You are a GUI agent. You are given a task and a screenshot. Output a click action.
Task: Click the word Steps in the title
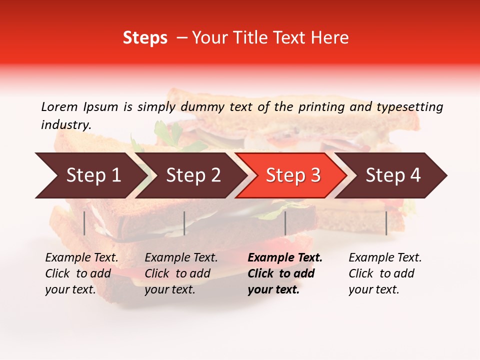pyautogui.click(x=145, y=38)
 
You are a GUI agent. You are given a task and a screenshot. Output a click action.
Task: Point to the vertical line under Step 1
pyautogui.click(x=84, y=223)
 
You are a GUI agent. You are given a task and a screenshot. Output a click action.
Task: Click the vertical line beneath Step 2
pyautogui.click(x=184, y=223)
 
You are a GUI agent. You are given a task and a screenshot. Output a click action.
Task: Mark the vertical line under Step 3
pyautogui.click(x=285, y=223)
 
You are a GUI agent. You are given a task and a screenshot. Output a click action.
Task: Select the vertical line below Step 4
pyautogui.click(x=386, y=223)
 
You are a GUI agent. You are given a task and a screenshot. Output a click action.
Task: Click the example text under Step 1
pyautogui.click(x=81, y=273)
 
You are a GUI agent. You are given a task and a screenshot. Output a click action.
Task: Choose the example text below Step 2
pyautogui.click(x=181, y=273)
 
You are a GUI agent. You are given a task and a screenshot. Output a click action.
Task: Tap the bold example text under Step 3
pyautogui.click(x=285, y=273)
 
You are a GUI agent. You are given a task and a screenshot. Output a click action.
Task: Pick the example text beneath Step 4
pyautogui.click(x=385, y=273)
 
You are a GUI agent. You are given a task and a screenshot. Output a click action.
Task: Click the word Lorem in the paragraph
pyautogui.click(x=59, y=106)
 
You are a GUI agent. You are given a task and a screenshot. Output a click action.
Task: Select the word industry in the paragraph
pyautogui.click(x=65, y=125)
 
